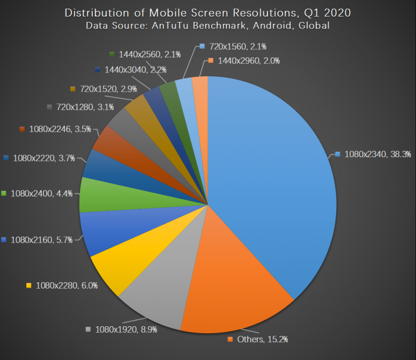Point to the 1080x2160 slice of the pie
[102, 231]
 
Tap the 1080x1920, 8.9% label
[126, 329]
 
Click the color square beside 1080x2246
[22, 129]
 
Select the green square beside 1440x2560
[112, 54]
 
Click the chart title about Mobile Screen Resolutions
[207, 12]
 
